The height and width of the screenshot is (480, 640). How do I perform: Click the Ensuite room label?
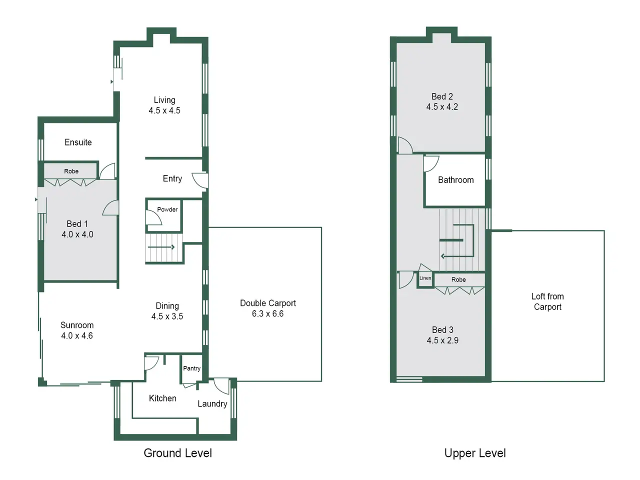(78, 142)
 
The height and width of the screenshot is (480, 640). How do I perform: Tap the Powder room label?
(167, 209)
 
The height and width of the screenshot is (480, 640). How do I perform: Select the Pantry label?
(191, 368)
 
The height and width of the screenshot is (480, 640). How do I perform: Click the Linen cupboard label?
(425, 278)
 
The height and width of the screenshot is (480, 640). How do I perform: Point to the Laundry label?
(212, 404)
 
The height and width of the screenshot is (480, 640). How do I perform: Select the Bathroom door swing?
(431, 164)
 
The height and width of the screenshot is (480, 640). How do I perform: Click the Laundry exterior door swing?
(221, 386)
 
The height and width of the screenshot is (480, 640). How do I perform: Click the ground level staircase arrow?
(161, 247)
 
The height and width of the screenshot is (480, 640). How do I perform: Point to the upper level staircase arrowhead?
(442, 256)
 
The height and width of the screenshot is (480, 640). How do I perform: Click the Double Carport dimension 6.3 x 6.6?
(267, 313)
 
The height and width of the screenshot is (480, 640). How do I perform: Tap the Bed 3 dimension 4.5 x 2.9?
(442, 340)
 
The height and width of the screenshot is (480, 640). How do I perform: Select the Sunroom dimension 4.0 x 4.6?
(77, 335)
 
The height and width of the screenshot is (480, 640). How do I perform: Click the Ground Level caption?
(178, 453)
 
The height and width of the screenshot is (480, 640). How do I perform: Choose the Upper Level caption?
(475, 453)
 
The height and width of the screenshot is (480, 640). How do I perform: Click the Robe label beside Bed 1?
(71, 171)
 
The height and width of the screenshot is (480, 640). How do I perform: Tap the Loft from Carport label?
(547, 301)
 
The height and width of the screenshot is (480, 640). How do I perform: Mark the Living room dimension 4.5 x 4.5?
(164, 110)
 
